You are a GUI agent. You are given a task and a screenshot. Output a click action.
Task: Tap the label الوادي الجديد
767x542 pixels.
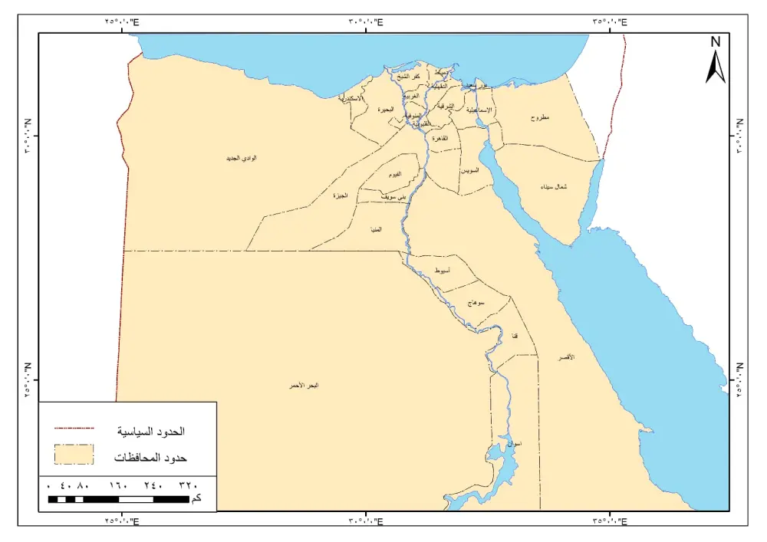[x=241, y=158]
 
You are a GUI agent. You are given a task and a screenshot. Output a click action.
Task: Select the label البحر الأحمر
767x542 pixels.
[x=303, y=385]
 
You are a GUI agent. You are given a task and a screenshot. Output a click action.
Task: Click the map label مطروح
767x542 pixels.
[x=541, y=119]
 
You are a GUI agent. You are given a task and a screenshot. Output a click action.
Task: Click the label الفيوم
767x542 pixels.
[x=393, y=176]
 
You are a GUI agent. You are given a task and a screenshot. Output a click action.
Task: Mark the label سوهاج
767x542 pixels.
[x=476, y=304]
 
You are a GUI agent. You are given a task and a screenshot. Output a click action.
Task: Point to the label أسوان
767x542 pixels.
[x=515, y=444]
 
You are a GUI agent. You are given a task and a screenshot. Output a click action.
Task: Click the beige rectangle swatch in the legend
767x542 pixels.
[x=74, y=455]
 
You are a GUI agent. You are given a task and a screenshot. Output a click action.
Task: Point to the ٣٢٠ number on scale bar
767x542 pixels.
[x=188, y=485]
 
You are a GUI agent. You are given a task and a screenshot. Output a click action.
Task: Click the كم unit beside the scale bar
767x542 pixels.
[x=197, y=499]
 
